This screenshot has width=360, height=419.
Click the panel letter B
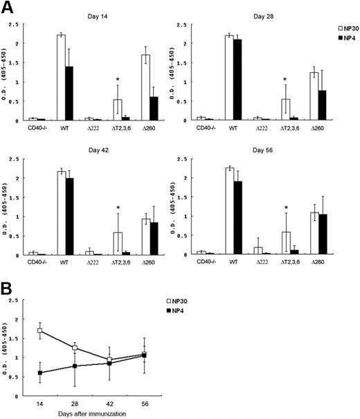8,285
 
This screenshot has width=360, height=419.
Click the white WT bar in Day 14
61,78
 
